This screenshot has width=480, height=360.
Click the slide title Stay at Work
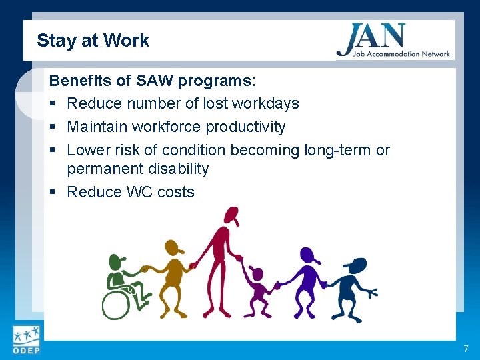click(x=93, y=41)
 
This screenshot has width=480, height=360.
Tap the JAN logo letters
click(x=371, y=37)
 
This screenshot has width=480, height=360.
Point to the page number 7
click(x=465, y=349)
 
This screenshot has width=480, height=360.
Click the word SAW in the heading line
click(x=157, y=81)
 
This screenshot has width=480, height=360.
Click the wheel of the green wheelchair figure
click(x=117, y=303)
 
